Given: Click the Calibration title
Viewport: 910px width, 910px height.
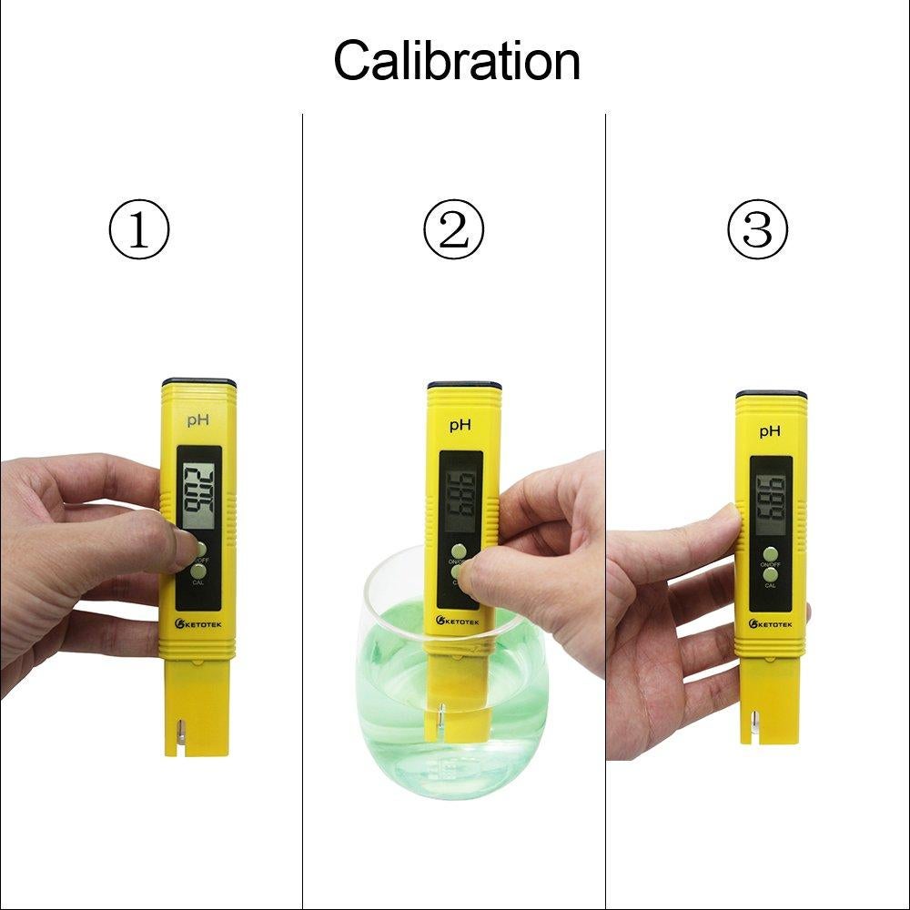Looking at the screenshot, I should point(456,62).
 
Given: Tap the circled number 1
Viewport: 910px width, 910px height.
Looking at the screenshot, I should point(139,230).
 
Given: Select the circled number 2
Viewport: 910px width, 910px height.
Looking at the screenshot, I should point(454,230).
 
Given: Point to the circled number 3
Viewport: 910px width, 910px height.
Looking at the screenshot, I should point(757,230).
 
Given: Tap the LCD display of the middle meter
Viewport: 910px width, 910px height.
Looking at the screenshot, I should point(460,496).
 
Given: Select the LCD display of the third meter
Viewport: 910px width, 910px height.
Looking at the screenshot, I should point(770,500).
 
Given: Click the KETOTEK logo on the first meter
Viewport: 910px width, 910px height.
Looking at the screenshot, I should point(197,624).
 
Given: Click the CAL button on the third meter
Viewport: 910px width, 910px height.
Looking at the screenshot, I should point(771,574).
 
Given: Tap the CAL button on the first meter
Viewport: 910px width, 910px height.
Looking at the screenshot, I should point(198,571).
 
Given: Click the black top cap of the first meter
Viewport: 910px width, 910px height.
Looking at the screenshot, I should point(199,382).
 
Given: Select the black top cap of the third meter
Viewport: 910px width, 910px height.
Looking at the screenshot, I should point(772,394).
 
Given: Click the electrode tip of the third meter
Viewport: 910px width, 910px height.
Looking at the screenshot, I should point(754,727).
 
